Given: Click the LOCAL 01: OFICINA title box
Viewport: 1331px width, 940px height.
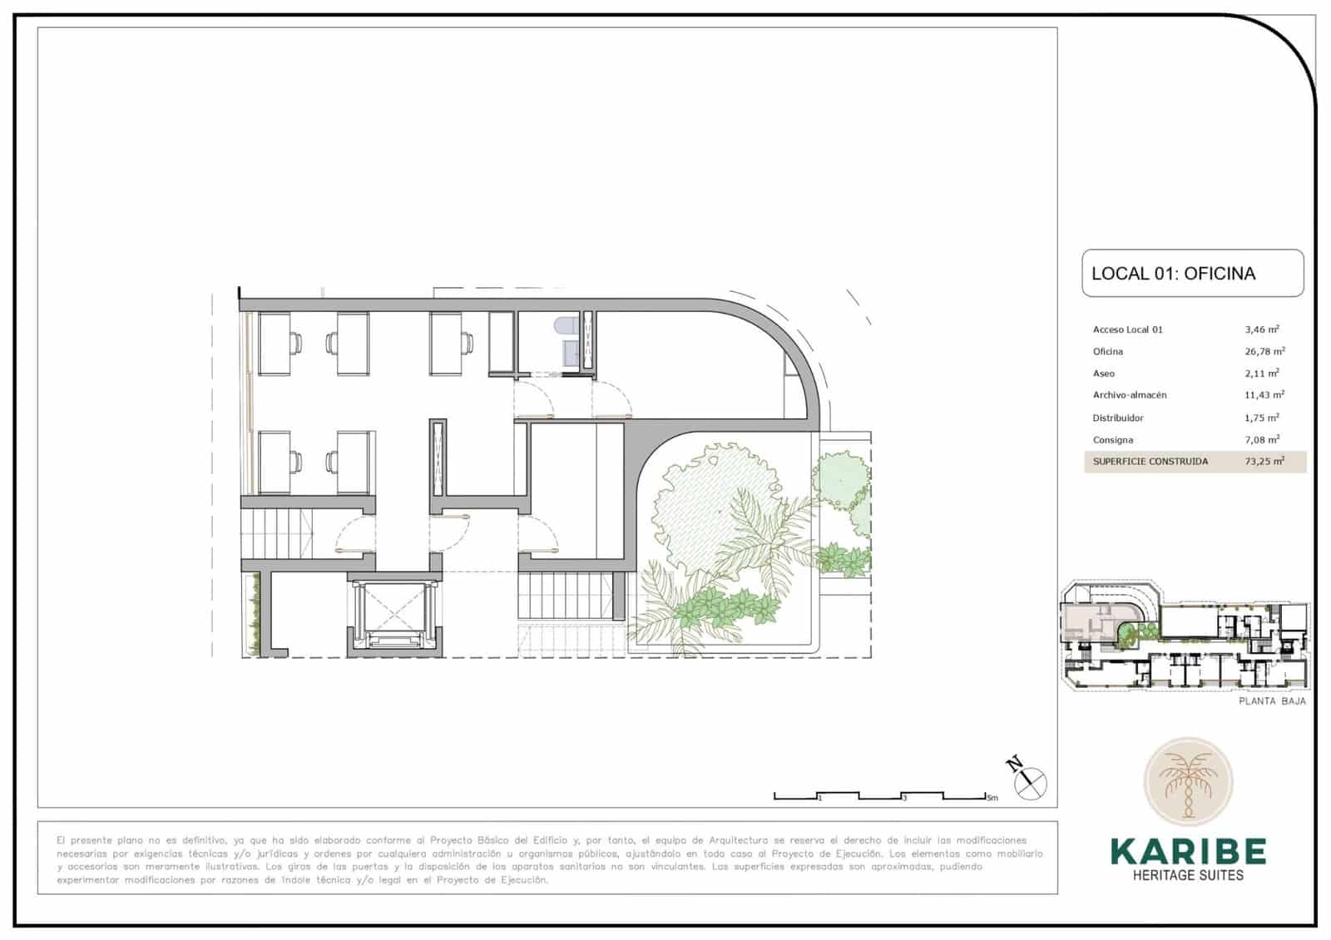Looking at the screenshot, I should click(x=1191, y=273).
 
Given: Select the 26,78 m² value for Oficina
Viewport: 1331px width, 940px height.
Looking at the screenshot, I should click(x=1264, y=351).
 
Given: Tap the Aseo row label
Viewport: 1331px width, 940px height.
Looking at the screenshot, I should click(x=1103, y=374).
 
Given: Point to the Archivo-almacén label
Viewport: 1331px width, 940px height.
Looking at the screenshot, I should click(x=1130, y=395).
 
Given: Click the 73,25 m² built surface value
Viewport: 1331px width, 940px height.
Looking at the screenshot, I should click(x=1264, y=461).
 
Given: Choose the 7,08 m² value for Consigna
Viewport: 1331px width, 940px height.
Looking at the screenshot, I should click(x=1262, y=439).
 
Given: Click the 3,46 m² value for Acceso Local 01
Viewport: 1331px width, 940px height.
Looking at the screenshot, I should click(x=1262, y=329).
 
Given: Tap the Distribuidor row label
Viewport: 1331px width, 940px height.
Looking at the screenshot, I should click(x=1118, y=418).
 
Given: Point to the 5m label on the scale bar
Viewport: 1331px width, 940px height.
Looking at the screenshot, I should click(x=992, y=799).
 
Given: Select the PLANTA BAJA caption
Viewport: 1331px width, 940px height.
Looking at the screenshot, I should click(x=1272, y=701).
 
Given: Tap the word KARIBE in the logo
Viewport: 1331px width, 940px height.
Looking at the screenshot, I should click(x=1188, y=851).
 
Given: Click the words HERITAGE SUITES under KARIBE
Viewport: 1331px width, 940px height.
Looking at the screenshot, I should click(x=1188, y=875).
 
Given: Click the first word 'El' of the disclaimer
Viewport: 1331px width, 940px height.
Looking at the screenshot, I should click(x=62, y=840).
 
